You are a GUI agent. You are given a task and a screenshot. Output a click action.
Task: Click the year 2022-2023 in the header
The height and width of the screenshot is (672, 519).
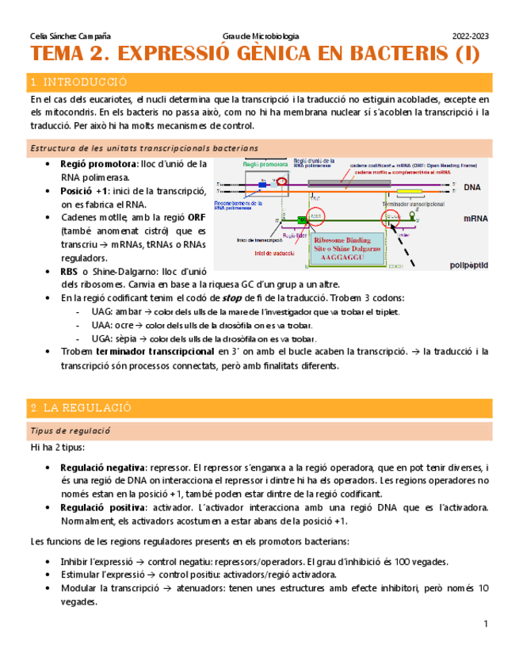pyautogui.click(x=470, y=36)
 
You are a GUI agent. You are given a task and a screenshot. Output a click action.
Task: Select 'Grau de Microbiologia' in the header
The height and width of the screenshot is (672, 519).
pyautogui.click(x=262, y=36)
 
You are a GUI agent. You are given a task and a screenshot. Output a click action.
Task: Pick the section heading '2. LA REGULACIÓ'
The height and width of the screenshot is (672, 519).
pyautogui.click(x=80, y=407)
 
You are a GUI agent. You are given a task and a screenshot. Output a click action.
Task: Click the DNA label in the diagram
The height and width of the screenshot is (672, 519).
pyautogui.click(x=472, y=188)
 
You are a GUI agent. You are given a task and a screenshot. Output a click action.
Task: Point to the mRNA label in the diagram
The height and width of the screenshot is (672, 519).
pyautogui.click(x=475, y=218)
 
